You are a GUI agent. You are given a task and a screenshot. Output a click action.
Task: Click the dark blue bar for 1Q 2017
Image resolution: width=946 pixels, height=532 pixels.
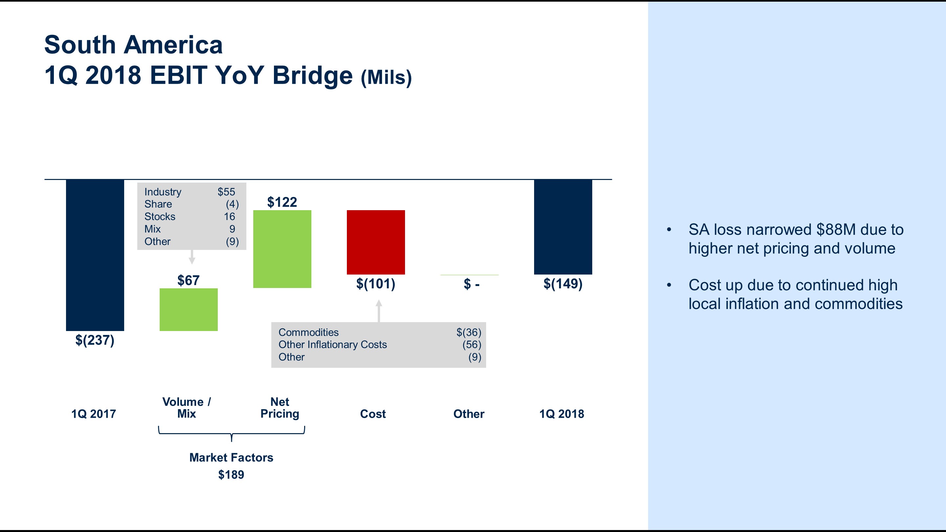(x=95, y=255)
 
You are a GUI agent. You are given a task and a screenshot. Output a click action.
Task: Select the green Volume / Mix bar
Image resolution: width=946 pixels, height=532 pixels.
(x=189, y=309)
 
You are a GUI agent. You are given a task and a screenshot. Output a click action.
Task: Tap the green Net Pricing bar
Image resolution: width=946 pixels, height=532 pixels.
(x=282, y=249)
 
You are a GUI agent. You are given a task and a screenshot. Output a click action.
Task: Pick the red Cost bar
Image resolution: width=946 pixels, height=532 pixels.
(x=376, y=242)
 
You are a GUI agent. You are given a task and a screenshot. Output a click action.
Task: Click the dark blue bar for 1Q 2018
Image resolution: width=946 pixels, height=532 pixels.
(x=563, y=227)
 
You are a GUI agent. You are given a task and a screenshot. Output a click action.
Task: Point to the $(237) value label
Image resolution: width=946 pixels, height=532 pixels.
(x=95, y=340)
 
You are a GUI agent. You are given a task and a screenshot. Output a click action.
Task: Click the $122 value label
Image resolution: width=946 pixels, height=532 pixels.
(x=282, y=202)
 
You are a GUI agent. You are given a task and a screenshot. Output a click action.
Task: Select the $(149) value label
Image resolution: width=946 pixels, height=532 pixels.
(x=563, y=284)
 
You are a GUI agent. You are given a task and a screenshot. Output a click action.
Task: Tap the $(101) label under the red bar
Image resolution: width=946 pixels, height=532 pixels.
(x=375, y=284)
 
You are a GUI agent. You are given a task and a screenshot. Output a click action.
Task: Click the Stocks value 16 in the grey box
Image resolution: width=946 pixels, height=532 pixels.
(x=230, y=217)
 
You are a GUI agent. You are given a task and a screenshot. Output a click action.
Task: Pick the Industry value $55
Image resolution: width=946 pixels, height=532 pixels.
(x=226, y=192)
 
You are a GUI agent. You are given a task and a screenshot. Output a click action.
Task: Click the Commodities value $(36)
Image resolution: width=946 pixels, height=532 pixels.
(x=469, y=332)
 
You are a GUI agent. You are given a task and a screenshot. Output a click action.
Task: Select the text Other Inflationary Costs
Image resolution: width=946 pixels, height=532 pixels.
(x=332, y=344)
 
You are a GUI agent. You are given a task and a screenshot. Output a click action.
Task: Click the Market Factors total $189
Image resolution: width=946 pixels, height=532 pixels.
(x=231, y=475)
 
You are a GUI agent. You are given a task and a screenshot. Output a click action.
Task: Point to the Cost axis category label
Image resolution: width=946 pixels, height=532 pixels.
(x=373, y=414)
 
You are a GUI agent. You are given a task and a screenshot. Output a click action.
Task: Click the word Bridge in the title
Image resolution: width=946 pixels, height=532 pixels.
(x=312, y=75)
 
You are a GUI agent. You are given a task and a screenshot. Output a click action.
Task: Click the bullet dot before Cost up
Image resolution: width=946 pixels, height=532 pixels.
(x=669, y=285)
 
